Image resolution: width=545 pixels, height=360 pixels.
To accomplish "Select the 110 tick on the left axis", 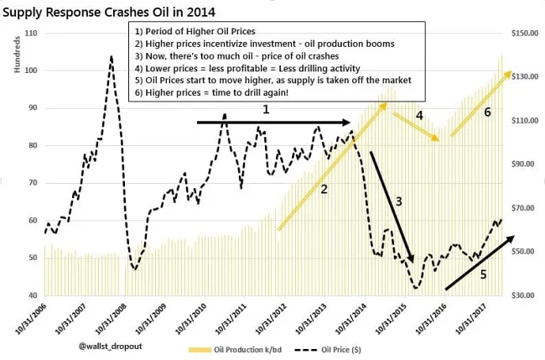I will [x=33, y=33].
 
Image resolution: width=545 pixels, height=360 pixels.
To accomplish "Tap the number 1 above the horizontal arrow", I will [x=266, y=109].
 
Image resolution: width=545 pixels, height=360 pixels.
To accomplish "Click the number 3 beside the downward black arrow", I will [x=399, y=201].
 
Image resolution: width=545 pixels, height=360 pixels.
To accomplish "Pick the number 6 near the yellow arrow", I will [x=487, y=112].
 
